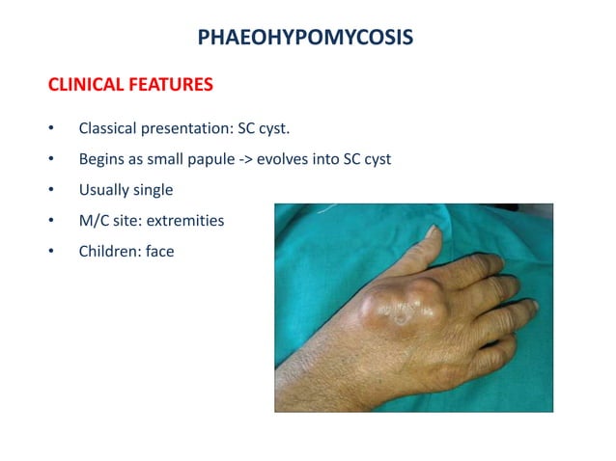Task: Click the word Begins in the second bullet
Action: point(100,159)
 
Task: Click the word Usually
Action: point(102,190)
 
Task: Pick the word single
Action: point(152,190)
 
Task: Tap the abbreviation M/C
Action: point(95,221)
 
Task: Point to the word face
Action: point(157,252)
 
